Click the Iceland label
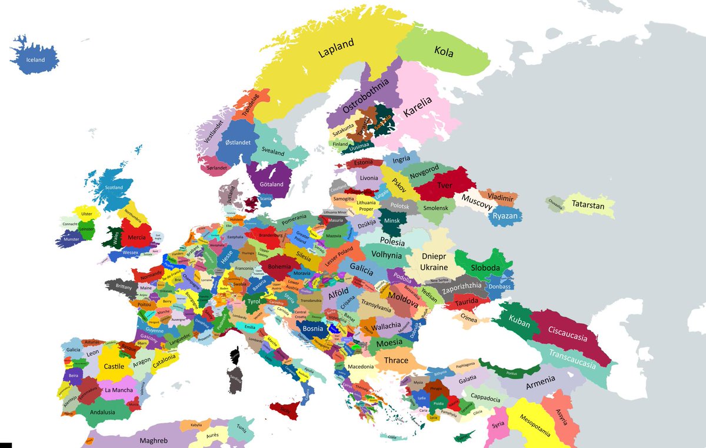35,60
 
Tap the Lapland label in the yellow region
337,48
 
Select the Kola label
444,52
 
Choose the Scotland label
114,187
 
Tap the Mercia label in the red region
136,237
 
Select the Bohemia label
279,266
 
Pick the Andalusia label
102,412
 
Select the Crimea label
468,318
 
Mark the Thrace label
395,360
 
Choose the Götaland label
271,184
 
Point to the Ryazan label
504,216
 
